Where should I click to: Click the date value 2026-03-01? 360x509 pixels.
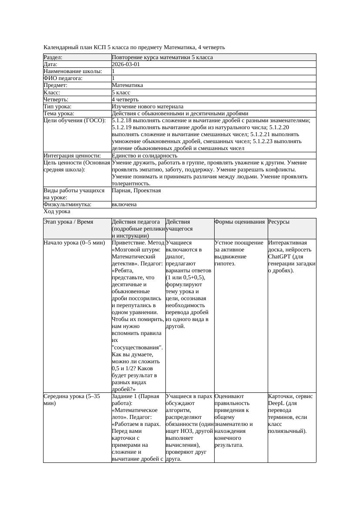click(126, 64)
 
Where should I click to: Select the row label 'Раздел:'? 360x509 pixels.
click(53, 57)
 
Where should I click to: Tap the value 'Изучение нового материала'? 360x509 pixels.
click(148, 106)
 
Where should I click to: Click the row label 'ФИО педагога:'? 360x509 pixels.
click(63, 78)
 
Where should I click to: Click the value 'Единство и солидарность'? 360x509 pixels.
click(145, 155)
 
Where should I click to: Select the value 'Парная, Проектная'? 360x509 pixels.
click(136, 191)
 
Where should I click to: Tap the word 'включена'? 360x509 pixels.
click(124, 204)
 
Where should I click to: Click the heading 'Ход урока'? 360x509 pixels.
click(57, 211)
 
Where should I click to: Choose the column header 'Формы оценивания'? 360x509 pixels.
click(239, 222)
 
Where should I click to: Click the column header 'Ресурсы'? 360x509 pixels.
click(279, 222)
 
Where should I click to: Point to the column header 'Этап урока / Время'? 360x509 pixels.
click(68, 222)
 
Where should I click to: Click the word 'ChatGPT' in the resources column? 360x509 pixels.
click(279, 257)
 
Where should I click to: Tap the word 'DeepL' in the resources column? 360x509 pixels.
click(276, 403)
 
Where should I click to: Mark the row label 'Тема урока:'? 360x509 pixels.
click(59, 113)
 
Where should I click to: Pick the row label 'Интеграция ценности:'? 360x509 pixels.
click(72, 155)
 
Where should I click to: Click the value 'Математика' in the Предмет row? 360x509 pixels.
click(127, 85)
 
